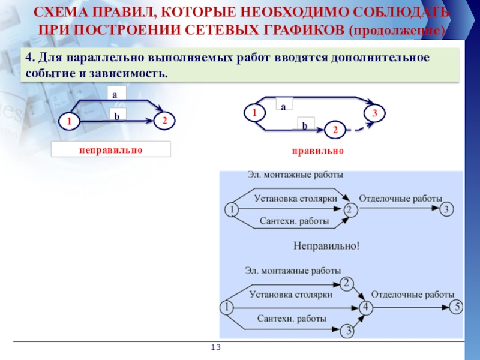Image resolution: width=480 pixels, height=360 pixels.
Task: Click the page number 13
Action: tap(217, 347)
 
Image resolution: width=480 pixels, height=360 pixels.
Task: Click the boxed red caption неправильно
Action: tap(111, 149)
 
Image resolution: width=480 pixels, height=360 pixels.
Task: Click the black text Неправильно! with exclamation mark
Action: tap(326, 245)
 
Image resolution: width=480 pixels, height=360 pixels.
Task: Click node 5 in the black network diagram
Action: tap(456, 307)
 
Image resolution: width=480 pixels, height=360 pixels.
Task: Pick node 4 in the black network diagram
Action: tap(366, 307)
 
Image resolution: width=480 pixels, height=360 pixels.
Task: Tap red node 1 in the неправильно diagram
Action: tap(69, 122)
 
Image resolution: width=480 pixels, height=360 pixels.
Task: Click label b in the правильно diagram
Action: tap(304, 125)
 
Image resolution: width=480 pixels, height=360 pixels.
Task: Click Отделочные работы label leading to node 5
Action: tap(413, 295)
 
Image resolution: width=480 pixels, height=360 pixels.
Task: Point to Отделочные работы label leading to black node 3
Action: tap(400, 198)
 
